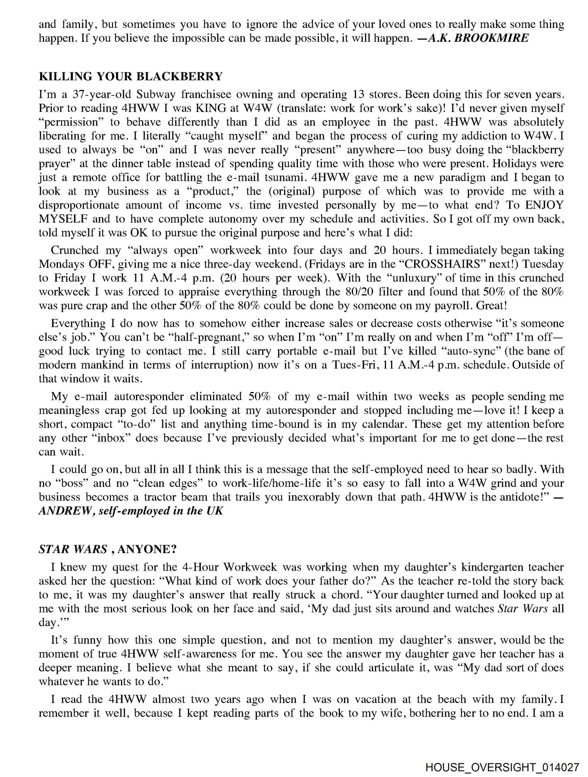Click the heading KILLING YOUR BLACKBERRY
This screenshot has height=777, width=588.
pyautogui.click(x=131, y=76)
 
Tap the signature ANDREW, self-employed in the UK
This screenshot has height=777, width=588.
pyautogui.click(x=131, y=511)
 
